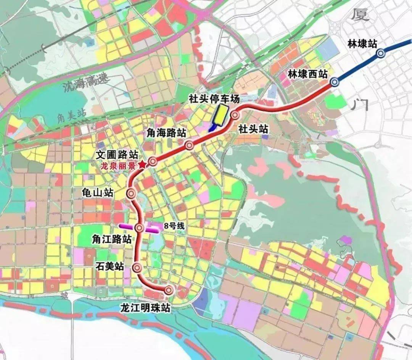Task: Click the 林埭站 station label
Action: tap(362, 44)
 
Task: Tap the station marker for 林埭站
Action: tap(380, 54)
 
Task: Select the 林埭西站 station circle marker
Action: tap(335, 81)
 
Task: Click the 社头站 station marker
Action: tap(235, 115)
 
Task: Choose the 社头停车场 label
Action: tap(214, 99)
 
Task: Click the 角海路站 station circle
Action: tap(189, 145)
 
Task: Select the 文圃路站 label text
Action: tap(117, 155)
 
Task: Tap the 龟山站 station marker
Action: tap(131, 193)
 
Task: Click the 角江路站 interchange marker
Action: tap(140, 228)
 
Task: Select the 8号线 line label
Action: tap(174, 226)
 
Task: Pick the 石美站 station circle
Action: tap(138, 268)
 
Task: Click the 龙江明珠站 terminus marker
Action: tap(169, 290)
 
